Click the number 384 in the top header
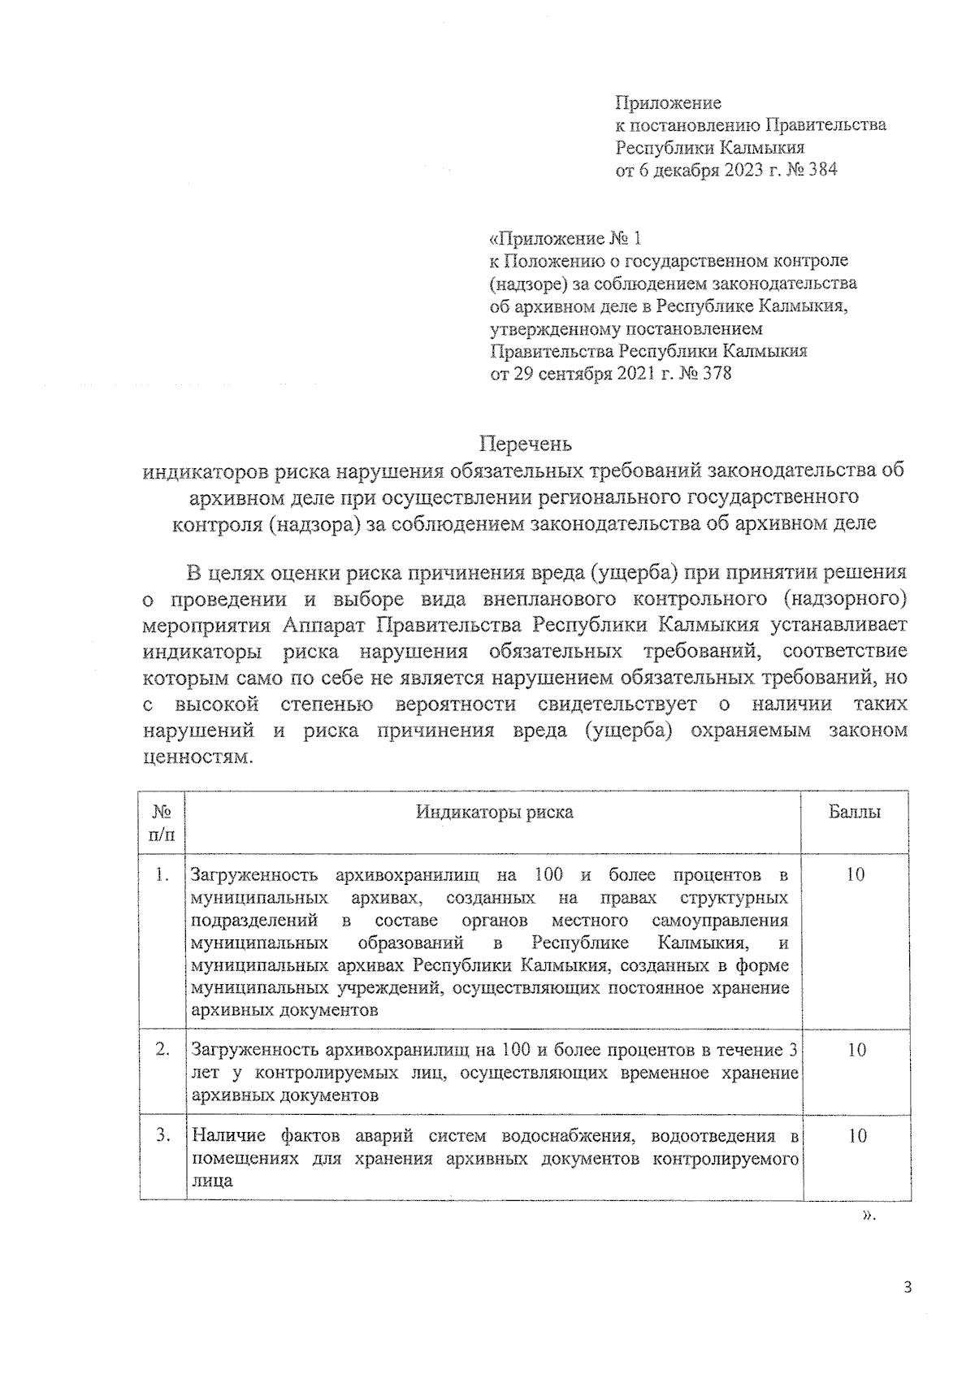(821, 170)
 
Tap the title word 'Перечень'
(525, 444)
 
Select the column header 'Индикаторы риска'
(494, 812)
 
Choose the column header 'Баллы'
(855, 812)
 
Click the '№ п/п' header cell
(162, 822)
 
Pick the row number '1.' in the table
(162, 874)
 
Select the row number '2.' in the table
(162, 1049)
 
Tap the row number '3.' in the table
(162, 1135)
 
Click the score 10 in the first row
(856, 874)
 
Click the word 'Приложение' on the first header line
(668, 102)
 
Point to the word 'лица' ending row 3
(211, 1181)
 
